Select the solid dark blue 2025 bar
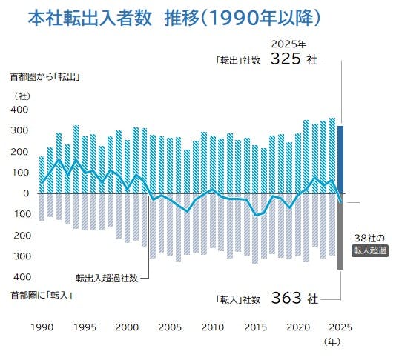[340, 160]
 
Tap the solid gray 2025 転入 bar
[340, 232]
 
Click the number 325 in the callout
[286, 59]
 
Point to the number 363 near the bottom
[286, 298]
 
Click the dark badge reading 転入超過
[370, 250]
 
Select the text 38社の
[369, 239]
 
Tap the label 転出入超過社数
[107, 278]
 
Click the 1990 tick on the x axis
[42, 327]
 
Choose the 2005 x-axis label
[170, 327]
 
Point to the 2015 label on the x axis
[255, 327]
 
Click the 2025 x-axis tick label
[340, 327]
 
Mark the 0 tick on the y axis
[26, 193]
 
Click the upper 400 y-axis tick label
[19, 110]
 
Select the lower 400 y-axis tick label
[22, 276]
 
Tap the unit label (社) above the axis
[22, 96]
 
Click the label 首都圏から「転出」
[45, 77]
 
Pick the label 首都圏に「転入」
[42, 296]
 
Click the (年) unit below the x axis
[332, 341]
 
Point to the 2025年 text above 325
[288, 44]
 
